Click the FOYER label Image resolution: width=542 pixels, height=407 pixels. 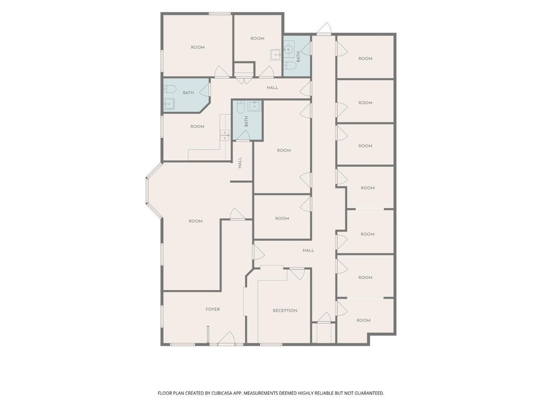[x=213, y=309]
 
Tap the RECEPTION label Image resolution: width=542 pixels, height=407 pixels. [x=285, y=311]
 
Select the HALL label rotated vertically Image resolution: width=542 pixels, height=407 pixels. [x=240, y=163]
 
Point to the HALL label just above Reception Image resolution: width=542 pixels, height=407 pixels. [x=309, y=250]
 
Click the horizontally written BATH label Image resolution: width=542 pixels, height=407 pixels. [x=188, y=93]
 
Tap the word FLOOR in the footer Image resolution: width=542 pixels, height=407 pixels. [x=165, y=393]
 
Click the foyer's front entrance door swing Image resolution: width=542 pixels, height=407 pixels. [x=227, y=338]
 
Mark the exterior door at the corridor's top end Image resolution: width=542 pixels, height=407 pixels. [x=324, y=29]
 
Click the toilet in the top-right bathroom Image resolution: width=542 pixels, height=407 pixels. [x=291, y=66]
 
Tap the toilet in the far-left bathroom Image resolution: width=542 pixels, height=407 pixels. [x=170, y=89]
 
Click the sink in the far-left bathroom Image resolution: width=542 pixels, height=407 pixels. [x=169, y=103]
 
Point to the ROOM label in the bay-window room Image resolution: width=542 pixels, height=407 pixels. [x=196, y=221]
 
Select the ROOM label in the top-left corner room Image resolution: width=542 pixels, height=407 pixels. [x=198, y=47]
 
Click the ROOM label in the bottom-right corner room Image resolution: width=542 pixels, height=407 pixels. [x=363, y=321]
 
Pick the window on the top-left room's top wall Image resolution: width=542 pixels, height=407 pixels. [x=220, y=14]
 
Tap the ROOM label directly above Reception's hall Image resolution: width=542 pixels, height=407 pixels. [x=282, y=219]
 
